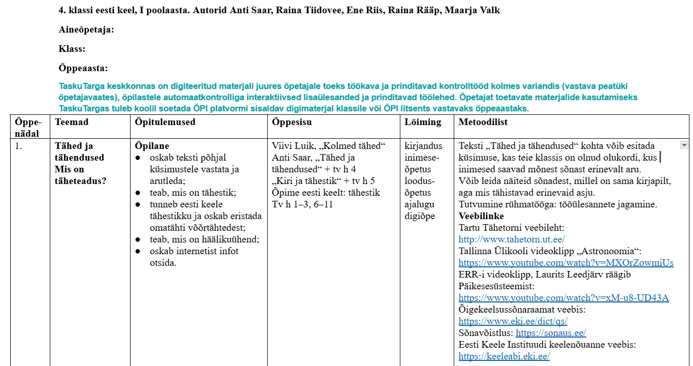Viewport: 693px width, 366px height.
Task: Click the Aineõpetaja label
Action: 86,30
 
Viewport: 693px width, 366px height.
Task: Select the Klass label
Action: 72,49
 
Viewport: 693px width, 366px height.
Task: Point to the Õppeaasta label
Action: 83,69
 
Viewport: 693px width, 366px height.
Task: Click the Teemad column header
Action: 72,122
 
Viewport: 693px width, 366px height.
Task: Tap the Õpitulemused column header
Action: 165,122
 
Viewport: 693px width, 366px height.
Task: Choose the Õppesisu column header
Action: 292,122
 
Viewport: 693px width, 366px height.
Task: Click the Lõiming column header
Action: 423,122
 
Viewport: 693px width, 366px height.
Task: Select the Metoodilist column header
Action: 483,122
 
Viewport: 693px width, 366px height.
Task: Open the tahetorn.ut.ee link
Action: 512,239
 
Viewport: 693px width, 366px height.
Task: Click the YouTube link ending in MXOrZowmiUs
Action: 566,263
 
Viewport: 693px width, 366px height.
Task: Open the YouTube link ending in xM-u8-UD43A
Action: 563,298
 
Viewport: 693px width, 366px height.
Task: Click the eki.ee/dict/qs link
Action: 513,321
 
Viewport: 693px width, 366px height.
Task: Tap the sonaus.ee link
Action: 551,333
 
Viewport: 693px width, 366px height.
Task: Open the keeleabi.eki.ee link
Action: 504,356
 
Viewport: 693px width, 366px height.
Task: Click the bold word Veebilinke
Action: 481,216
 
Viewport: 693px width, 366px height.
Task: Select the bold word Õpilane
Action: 152,146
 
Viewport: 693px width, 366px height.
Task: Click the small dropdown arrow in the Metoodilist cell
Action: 684,145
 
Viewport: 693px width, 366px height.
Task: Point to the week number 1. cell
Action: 19,146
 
